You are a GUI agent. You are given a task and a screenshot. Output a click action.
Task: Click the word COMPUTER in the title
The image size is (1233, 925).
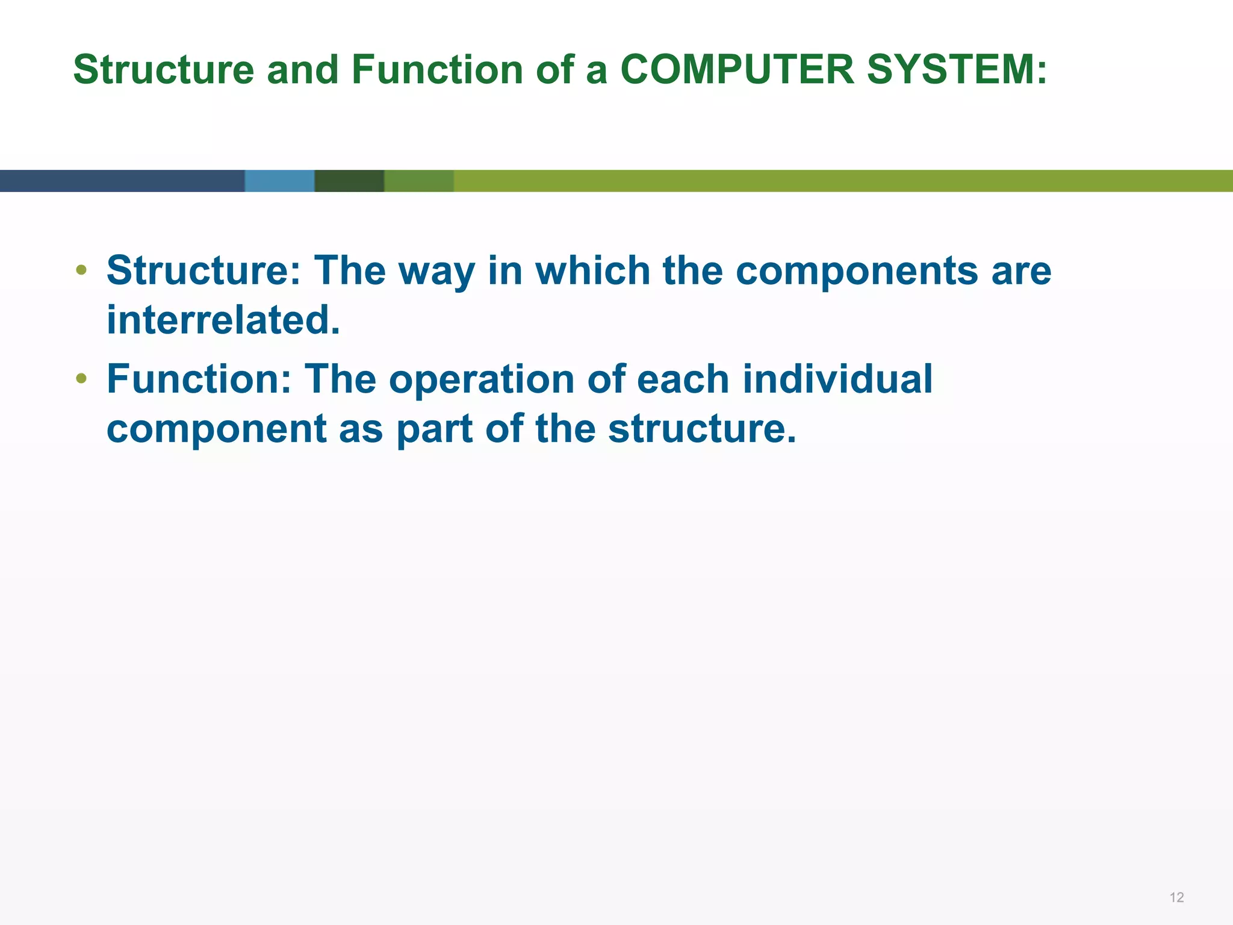click(x=737, y=70)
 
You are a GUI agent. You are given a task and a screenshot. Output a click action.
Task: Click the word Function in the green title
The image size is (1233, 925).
click(x=437, y=70)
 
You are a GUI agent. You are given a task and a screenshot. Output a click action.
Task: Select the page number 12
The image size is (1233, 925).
click(x=1176, y=898)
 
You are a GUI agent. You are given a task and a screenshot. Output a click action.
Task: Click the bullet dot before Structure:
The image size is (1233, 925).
click(x=81, y=270)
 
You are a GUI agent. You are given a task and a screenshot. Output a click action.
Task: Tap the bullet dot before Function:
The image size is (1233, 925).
click(x=81, y=379)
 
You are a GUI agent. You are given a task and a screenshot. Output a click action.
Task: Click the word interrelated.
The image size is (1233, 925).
click(x=223, y=320)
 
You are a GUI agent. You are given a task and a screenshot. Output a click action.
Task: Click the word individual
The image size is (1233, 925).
click(x=837, y=379)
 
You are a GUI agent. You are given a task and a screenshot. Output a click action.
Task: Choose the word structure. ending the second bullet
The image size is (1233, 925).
click(x=702, y=429)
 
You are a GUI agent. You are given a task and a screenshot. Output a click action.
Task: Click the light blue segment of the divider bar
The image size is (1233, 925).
click(x=279, y=181)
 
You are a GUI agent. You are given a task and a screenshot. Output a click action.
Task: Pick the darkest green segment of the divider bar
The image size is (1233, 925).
click(x=349, y=181)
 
